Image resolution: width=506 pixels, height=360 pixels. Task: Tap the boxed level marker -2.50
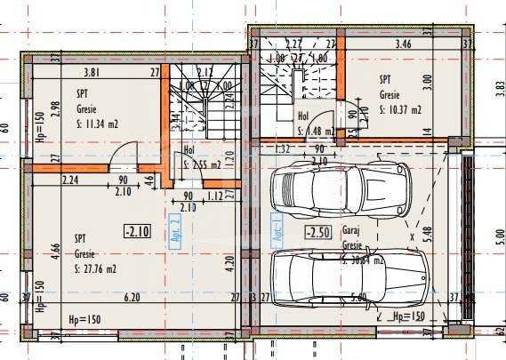tap(317, 233)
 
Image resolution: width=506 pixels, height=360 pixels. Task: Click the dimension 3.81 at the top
tap(90, 73)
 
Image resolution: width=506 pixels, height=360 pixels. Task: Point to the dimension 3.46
tap(402, 42)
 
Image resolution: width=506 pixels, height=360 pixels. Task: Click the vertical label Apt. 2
tap(175, 228)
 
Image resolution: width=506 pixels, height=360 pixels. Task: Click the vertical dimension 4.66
tap(56, 248)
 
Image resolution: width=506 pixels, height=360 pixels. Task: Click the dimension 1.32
tap(285, 148)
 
